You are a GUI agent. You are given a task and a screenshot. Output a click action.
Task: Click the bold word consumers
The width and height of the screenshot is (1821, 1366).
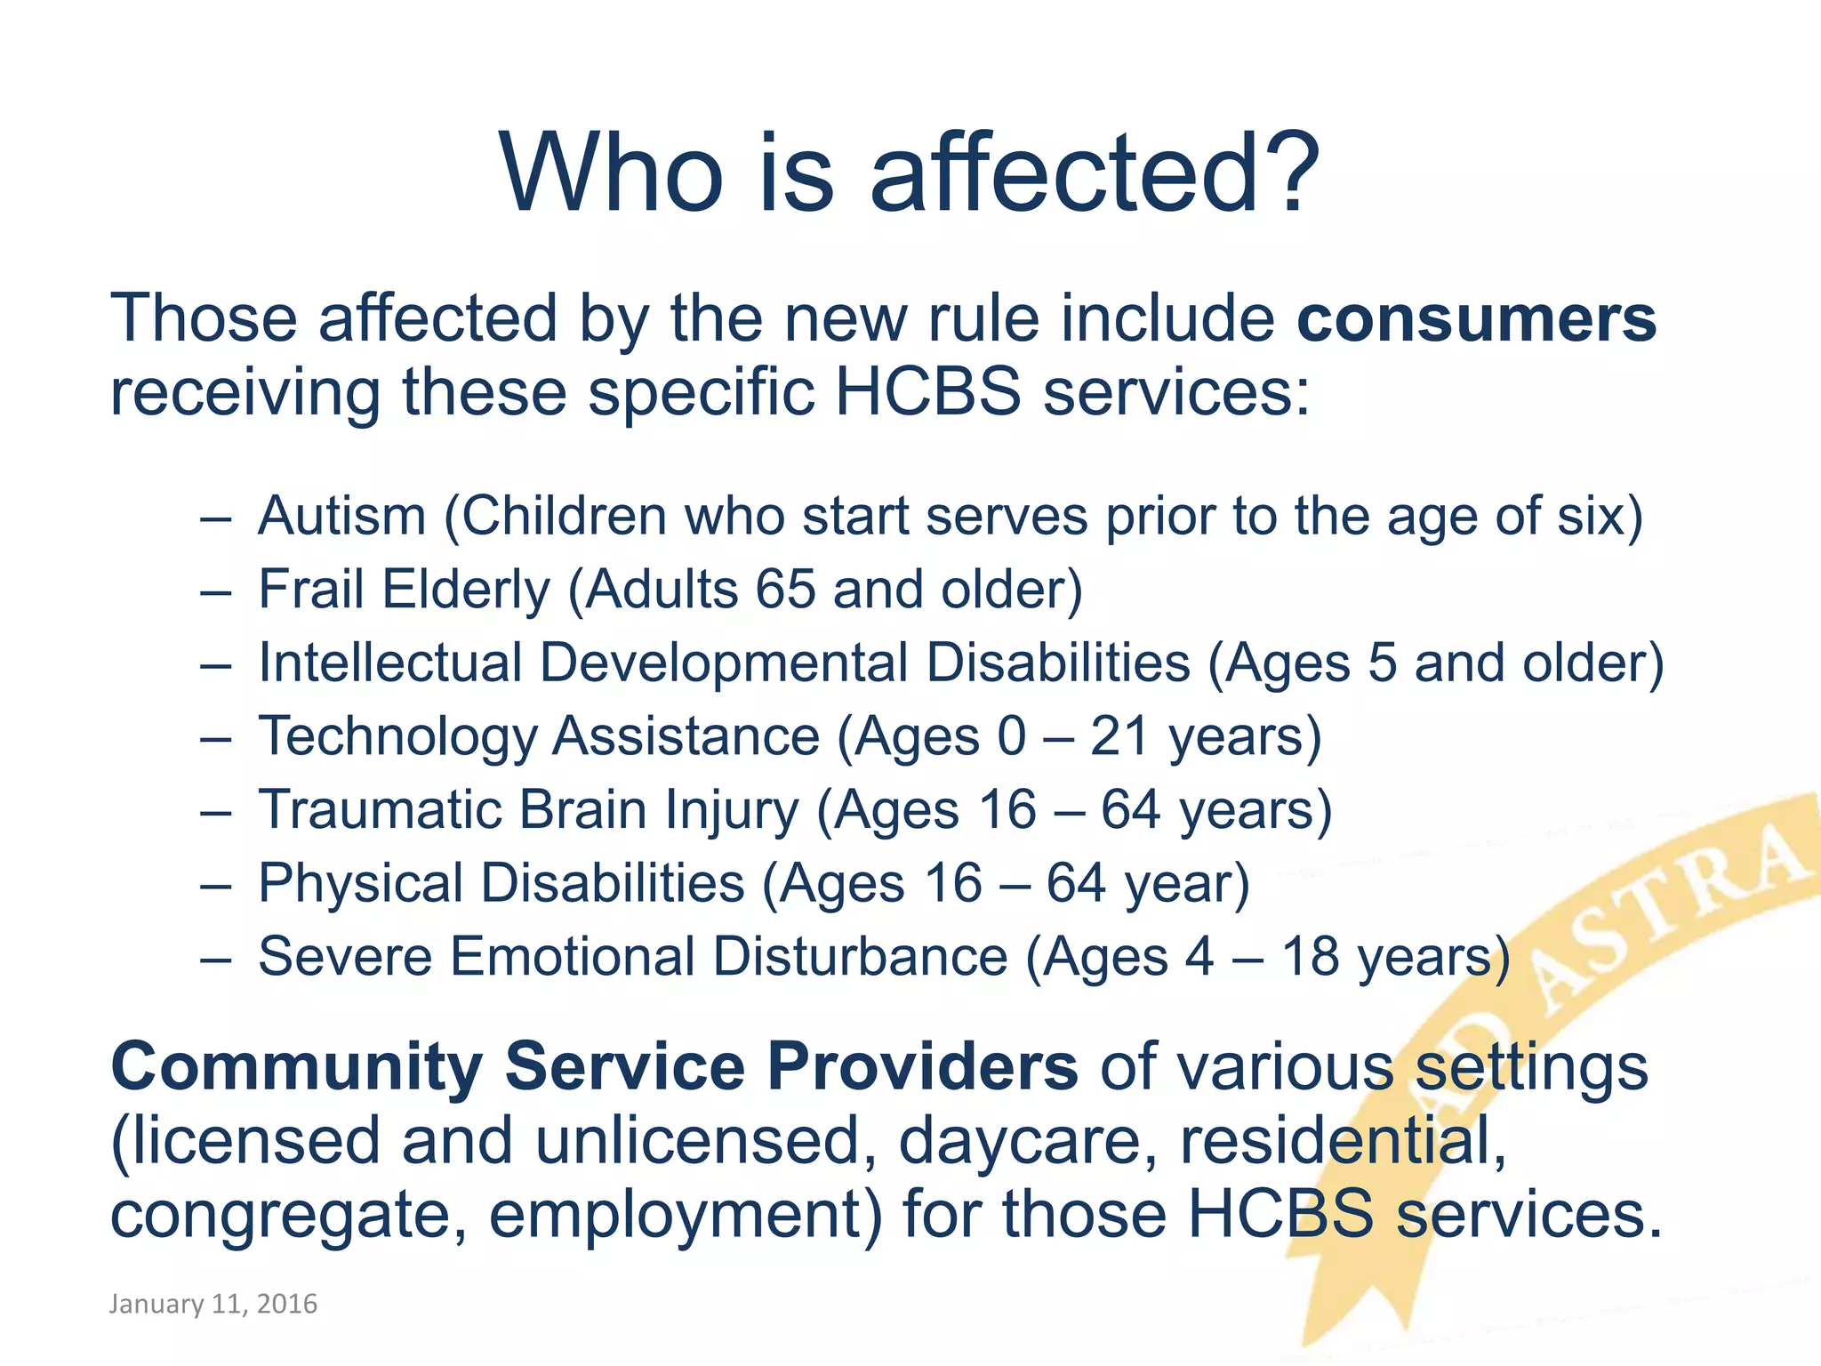point(1476,318)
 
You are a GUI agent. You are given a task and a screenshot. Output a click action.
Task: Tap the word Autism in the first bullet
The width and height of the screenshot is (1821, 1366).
point(342,516)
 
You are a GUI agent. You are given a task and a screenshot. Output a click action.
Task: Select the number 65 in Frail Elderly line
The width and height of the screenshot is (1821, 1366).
point(785,590)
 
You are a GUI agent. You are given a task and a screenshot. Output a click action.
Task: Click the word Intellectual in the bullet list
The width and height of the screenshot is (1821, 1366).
point(389,663)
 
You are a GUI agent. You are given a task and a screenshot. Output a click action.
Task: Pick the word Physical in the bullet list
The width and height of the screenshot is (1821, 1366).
point(360,884)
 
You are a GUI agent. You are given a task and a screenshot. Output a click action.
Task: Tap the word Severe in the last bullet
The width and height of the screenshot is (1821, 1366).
point(344,957)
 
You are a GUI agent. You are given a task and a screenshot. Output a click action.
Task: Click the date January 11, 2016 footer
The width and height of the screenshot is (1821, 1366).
point(213,1304)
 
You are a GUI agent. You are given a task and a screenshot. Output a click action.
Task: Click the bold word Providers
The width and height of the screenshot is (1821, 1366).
point(922,1066)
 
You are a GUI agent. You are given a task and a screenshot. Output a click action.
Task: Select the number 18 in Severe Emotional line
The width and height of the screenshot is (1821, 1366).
point(1309,957)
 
